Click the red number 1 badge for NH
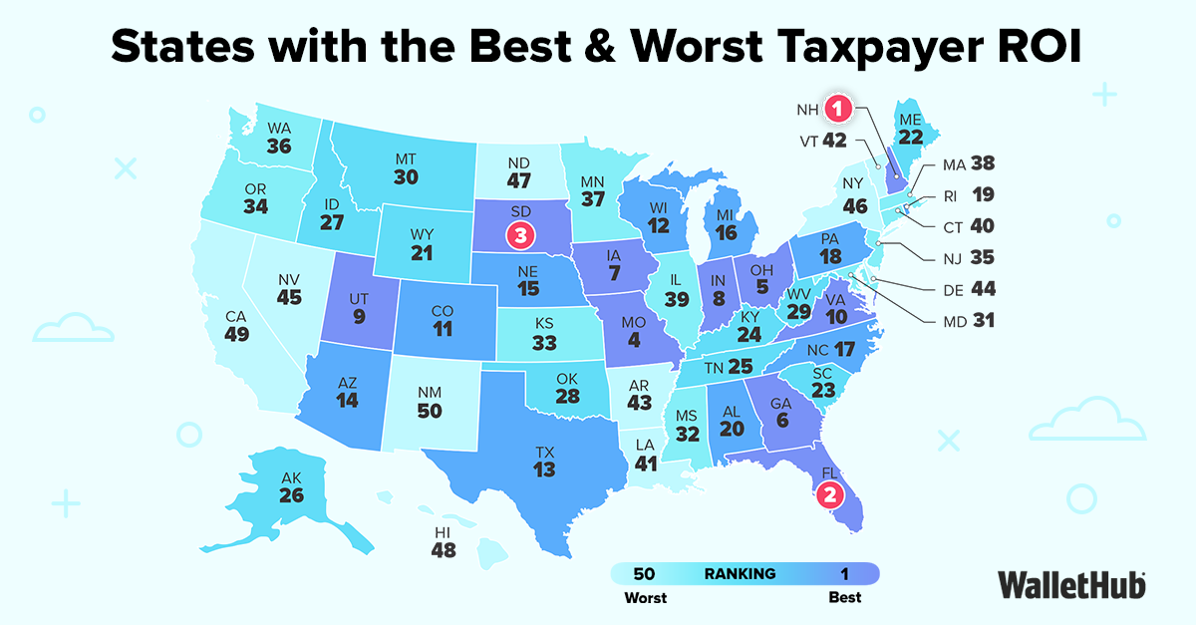[x=839, y=107]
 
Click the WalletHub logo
[x=1070, y=584]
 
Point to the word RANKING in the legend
[x=740, y=573]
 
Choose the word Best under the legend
[x=845, y=597]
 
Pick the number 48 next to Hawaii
[x=444, y=548]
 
